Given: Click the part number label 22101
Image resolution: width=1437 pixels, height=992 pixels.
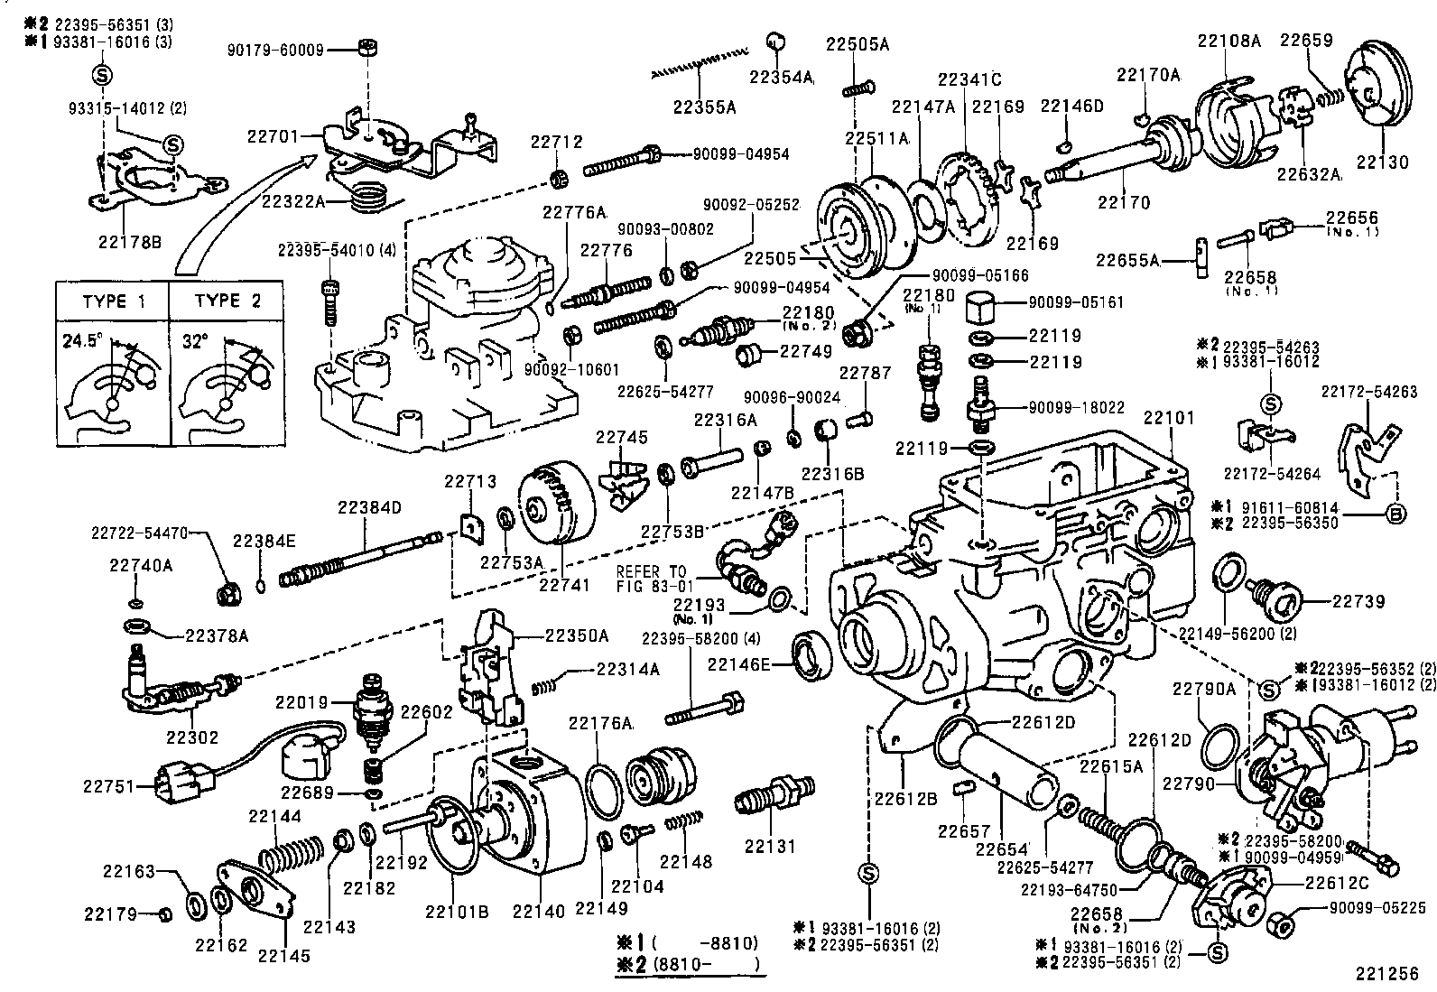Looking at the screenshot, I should pyautogui.click(x=1169, y=419).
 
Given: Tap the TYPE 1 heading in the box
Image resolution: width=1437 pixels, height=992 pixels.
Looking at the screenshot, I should pyautogui.click(x=113, y=301).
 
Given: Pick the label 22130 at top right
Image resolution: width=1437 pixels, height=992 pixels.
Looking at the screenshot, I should pyautogui.click(x=1381, y=163).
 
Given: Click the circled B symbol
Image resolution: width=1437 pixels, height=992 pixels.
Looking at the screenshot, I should pyautogui.click(x=1396, y=515).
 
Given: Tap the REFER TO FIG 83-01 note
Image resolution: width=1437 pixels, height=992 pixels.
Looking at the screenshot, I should pyautogui.click(x=651, y=579).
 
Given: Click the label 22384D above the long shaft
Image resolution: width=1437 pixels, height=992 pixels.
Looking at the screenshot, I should pyautogui.click(x=370, y=507).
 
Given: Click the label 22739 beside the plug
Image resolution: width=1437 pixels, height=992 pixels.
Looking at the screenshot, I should pyautogui.click(x=1358, y=601).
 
